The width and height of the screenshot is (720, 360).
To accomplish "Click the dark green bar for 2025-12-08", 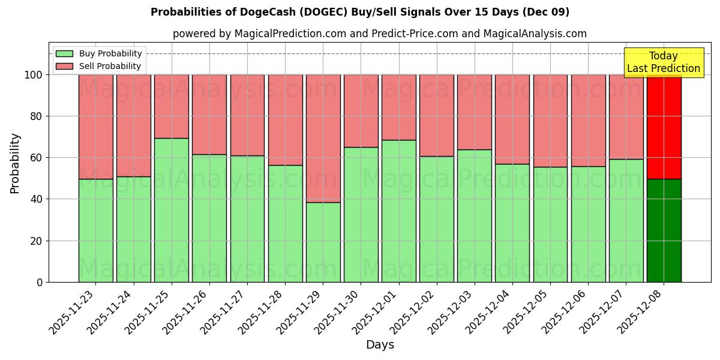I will (x=664, y=230).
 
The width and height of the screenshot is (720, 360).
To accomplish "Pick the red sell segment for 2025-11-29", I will (x=323, y=138).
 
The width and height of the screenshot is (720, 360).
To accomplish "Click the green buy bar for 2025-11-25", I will (x=172, y=210).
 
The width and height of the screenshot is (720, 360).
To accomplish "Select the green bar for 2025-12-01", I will (x=399, y=211).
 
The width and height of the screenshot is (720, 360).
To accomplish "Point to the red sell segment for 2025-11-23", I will (x=96, y=127).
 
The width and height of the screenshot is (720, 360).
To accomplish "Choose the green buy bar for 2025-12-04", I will (x=512, y=223).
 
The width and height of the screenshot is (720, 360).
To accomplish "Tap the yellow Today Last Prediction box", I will (x=663, y=62).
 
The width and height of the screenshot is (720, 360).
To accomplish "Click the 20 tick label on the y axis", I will (x=37, y=241).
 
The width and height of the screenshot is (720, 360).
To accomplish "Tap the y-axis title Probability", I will (x=15, y=163).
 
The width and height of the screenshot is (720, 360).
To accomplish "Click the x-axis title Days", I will (x=380, y=345).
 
